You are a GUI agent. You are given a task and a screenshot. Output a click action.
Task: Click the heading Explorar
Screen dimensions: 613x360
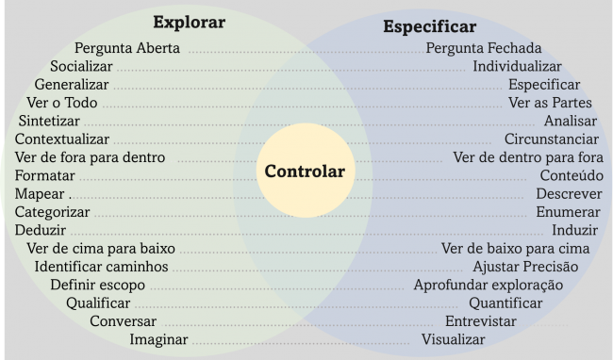pyautogui.click(x=190, y=21)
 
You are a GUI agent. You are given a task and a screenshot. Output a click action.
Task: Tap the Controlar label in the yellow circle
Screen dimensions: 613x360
pyautogui.click(x=305, y=172)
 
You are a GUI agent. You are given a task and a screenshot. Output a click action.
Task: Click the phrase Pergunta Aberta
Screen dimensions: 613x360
pyautogui.click(x=126, y=49)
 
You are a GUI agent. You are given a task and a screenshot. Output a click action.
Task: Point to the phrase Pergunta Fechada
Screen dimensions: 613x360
pyautogui.click(x=484, y=49)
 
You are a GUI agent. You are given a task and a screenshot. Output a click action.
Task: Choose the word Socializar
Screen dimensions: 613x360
pyautogui.click(x=81, y=67)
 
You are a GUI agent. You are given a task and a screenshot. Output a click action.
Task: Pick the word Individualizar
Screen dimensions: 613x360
pyautogui.click(x=517, y=67)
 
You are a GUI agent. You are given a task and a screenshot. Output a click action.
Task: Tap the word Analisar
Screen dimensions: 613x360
pyautogui.click(x=570, y=122)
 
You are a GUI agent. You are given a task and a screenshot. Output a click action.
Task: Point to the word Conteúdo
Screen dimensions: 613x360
pyautogui.click(x=571, y=176)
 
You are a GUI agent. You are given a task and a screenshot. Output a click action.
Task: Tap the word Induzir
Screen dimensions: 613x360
pyautogui.click(x=574, y=230)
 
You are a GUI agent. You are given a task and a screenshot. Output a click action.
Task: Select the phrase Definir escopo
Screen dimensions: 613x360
pyautogui.click(x=97, y=285)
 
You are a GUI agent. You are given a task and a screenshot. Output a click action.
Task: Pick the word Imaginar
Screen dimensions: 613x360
pyautogui.click(x=158, y=339)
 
